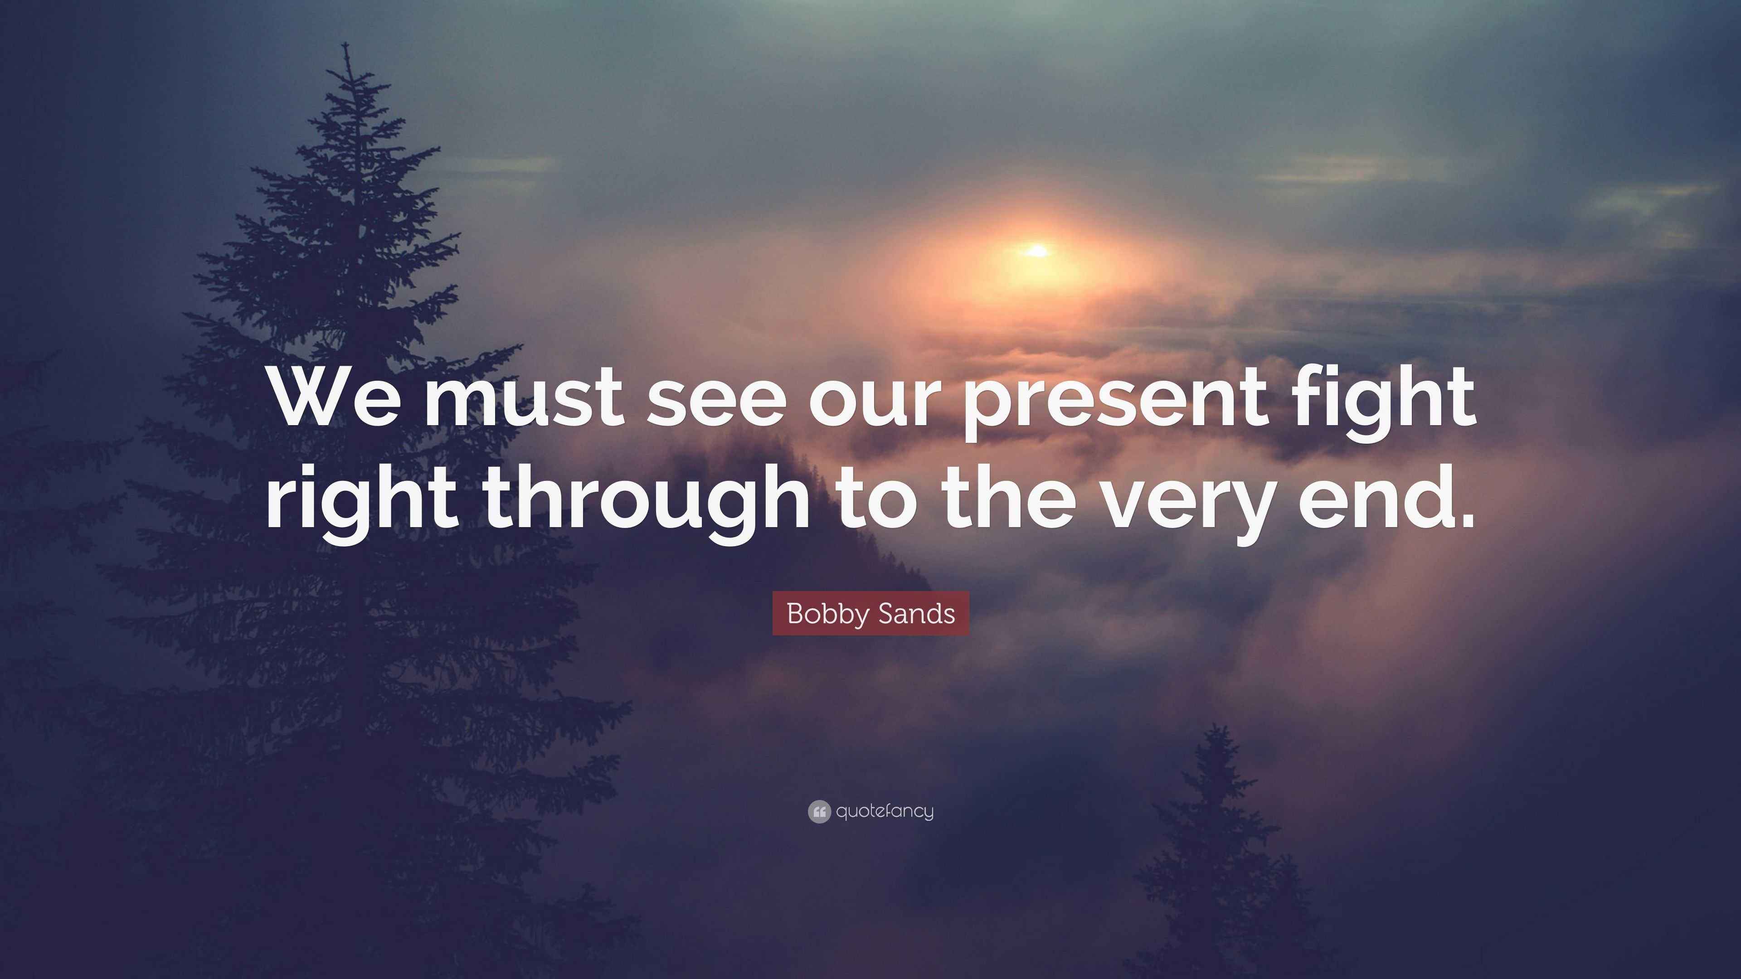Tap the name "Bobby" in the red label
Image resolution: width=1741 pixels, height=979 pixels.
click(829, 614)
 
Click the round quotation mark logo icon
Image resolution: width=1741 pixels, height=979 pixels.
click(818, 811)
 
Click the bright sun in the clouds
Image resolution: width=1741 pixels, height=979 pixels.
click(1037, 252)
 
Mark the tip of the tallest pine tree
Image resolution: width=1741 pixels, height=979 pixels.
click(346, 46)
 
